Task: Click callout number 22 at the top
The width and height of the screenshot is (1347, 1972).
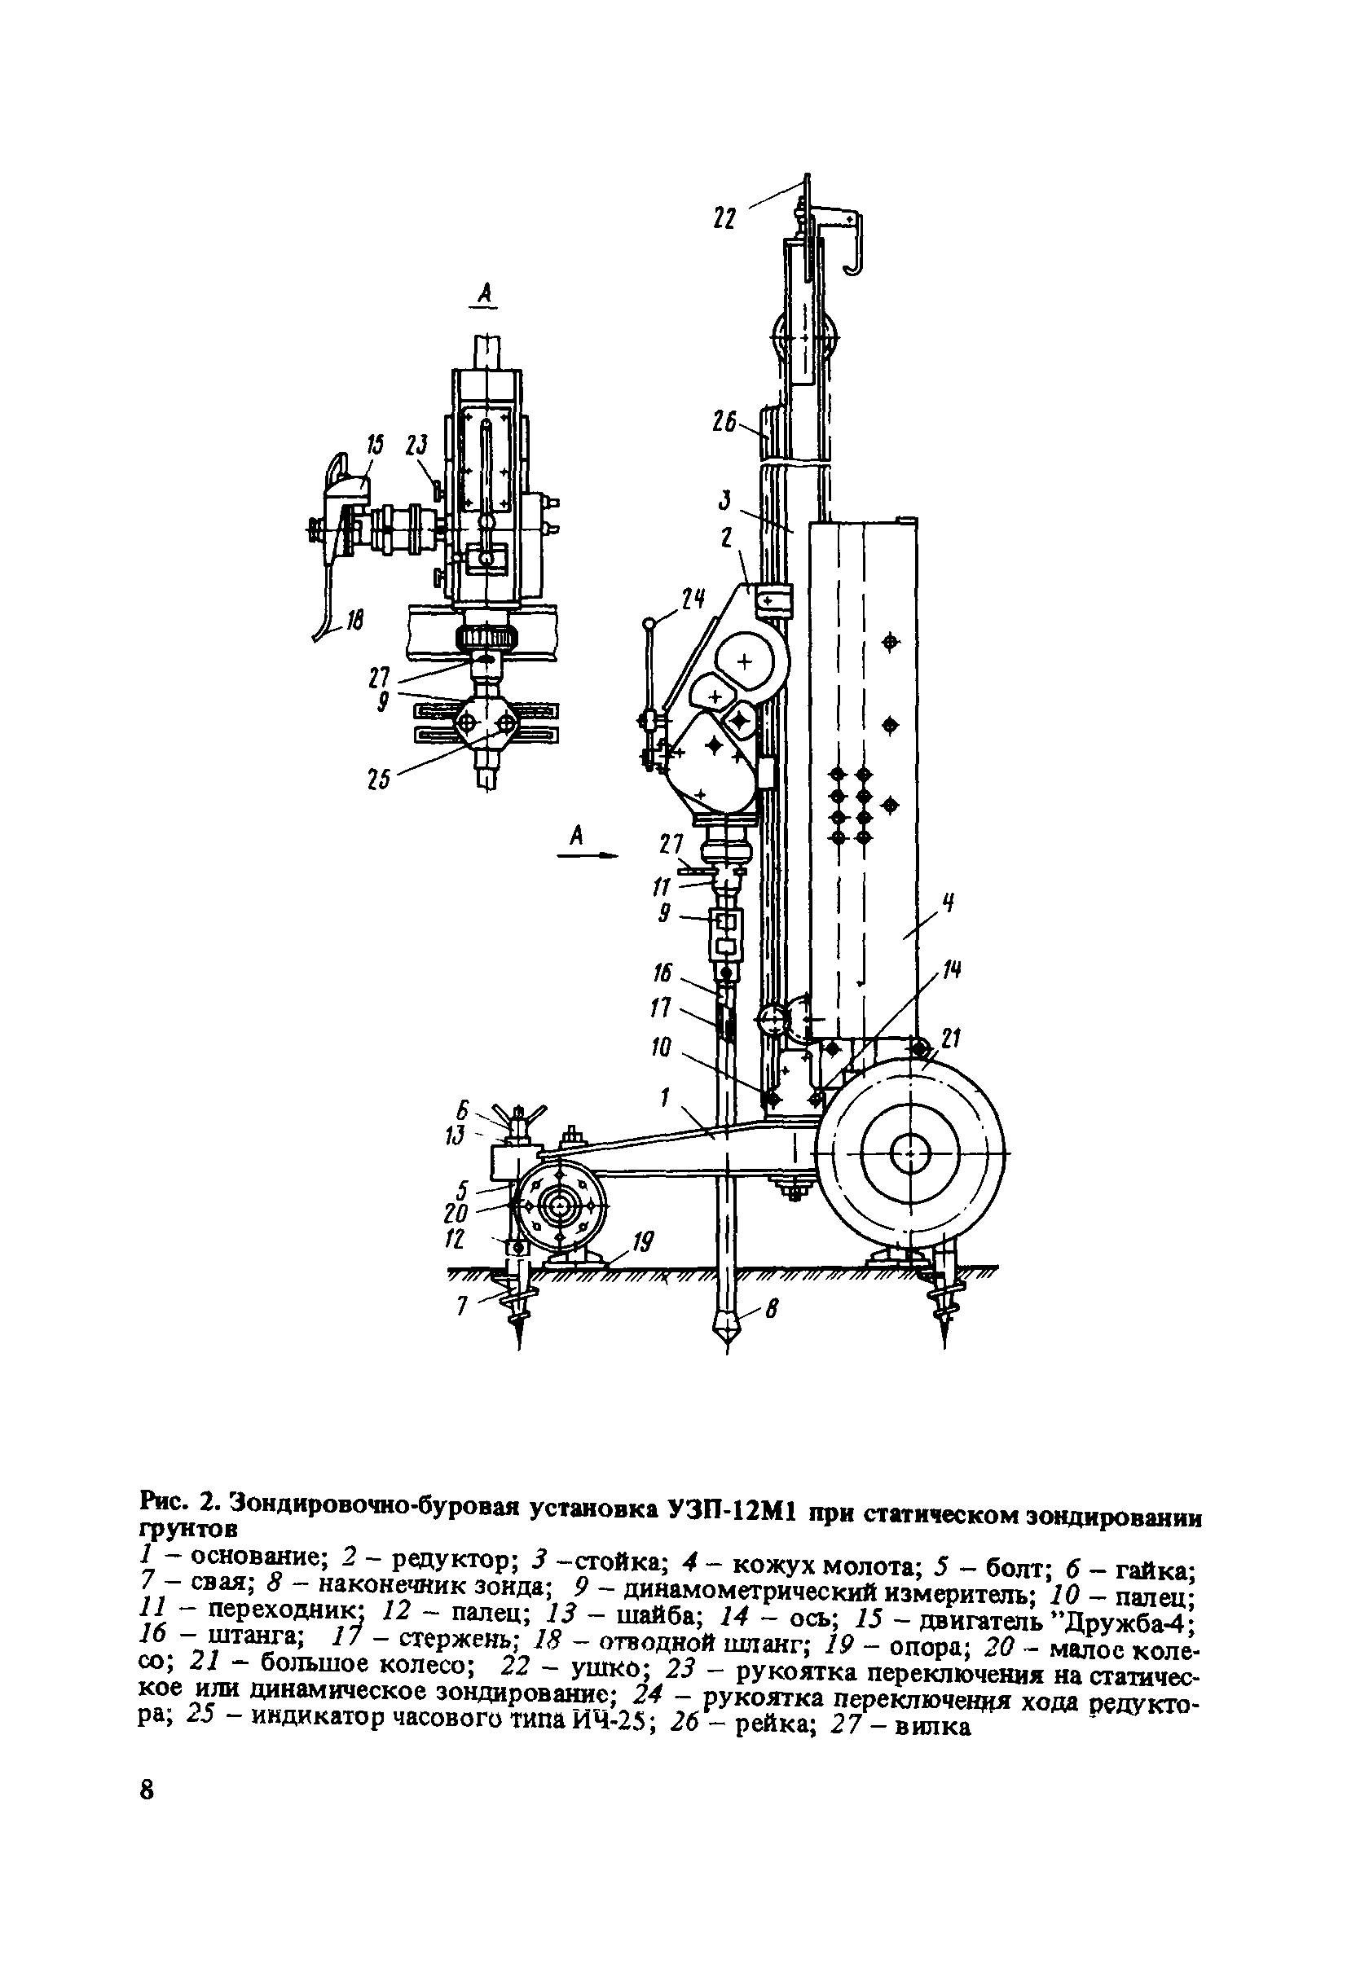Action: pos(724,218)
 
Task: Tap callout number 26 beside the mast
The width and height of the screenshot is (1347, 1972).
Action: pos(724,422)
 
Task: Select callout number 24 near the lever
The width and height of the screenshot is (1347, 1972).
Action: pos(693,600)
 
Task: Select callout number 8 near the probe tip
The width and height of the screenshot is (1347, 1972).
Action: pos(772,1309)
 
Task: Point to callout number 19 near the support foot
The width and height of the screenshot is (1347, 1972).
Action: pos(644,1243)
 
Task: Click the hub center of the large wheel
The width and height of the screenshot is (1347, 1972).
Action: pos(910,1155)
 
